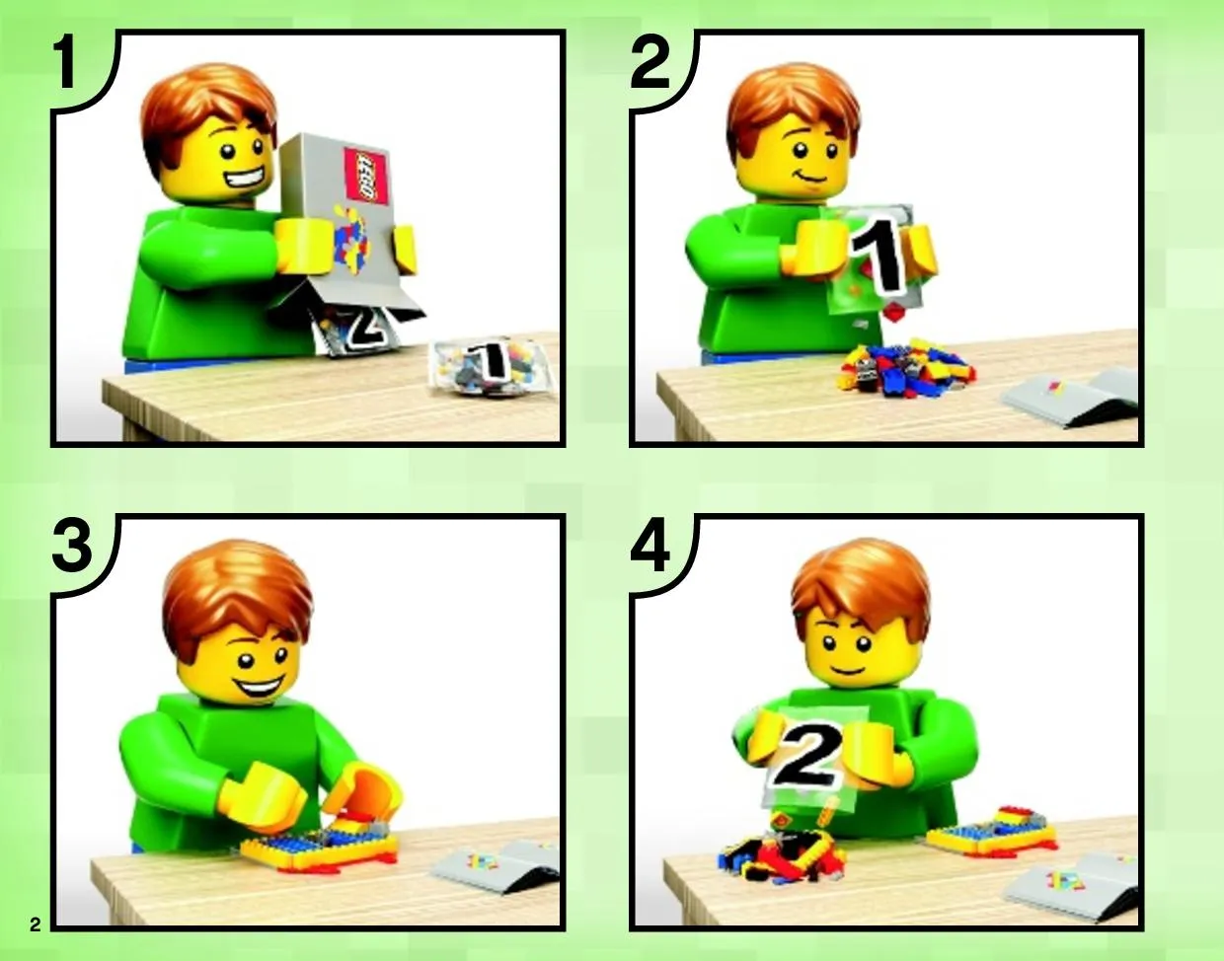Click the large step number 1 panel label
(x=66, y=61)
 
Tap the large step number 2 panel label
(x=650, y=61)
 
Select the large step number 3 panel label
(x=71, y=545)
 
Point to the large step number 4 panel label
(x=650, y=545)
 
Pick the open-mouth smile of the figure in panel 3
(x=259, y=688)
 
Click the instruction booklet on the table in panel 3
(x=497, y=867)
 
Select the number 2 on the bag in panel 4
(x=806, y=756)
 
